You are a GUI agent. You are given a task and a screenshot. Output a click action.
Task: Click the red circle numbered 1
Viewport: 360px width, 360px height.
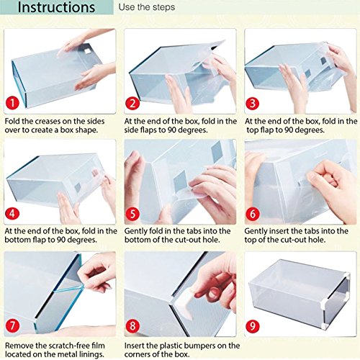12,104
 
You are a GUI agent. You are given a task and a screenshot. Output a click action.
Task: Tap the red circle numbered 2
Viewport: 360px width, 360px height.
132,104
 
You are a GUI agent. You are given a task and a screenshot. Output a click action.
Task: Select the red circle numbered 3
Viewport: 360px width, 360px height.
252,104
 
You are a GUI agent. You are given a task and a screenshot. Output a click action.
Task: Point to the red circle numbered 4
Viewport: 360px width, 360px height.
12,213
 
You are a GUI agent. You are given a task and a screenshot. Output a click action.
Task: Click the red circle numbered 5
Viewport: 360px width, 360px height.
132,214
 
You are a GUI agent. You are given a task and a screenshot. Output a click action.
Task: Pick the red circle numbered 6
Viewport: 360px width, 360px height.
252,214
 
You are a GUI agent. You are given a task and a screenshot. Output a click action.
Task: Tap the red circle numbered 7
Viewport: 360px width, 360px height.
12,325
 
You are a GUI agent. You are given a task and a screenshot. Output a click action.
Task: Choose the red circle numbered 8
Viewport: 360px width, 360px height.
132,325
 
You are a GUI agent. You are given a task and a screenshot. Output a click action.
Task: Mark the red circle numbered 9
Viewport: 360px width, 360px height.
252,325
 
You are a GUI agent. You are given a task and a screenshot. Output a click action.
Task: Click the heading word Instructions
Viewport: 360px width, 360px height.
56,7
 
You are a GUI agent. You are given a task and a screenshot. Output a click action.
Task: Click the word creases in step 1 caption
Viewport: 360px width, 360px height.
47,121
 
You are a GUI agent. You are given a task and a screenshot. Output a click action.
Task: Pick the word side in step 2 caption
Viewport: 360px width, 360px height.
131,130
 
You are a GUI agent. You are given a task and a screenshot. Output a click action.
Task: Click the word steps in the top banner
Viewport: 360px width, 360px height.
163,7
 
